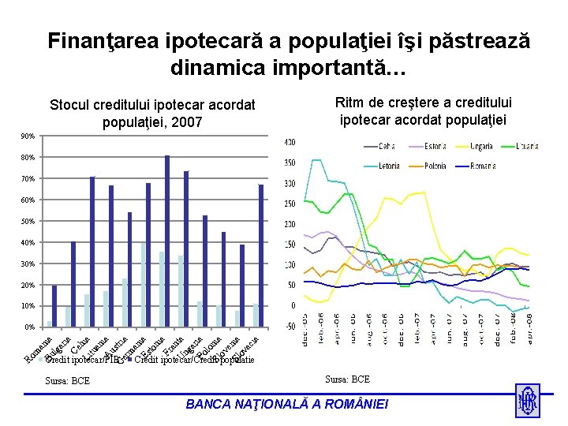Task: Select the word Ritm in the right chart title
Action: click(x=352, y=103)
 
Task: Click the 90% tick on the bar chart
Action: click(x=28, y=136)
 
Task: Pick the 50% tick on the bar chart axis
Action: click(x=28, y=222)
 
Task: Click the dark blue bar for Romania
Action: click(x=54, y=305)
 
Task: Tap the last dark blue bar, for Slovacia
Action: click(x=261, y=255)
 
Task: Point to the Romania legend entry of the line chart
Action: click(x=473, y=166)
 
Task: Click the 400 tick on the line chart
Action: click(x=290, y=143)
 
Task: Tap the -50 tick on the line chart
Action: click(x=290, y=326)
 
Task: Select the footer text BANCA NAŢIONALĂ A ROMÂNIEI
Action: click(x=286, y=404)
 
